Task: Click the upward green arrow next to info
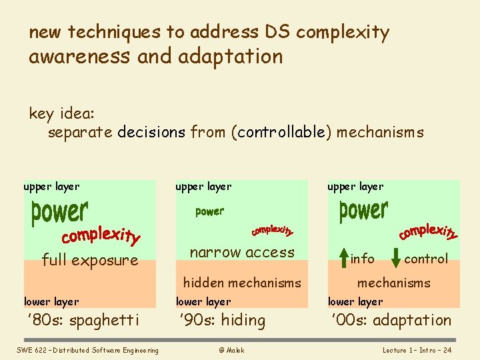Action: (343, 258)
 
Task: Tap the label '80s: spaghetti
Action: (83, 321)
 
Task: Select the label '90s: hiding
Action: (223, 321)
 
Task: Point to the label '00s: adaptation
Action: (391, 321)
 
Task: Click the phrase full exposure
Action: (90, 260)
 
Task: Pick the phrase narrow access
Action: (242, 252)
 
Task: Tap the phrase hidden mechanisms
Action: (242, 283)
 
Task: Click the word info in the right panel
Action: (362, 259)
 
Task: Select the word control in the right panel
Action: (426, 259)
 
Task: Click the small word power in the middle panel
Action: (209, 212)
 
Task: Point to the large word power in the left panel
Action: (59, 213)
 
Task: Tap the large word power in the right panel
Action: (363, 211)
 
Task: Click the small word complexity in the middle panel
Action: (272, 230)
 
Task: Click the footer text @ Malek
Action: (231, 350)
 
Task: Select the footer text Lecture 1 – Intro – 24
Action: (417, 350)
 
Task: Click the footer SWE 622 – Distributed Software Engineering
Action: (88, 350)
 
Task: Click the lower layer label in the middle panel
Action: (203, 302)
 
